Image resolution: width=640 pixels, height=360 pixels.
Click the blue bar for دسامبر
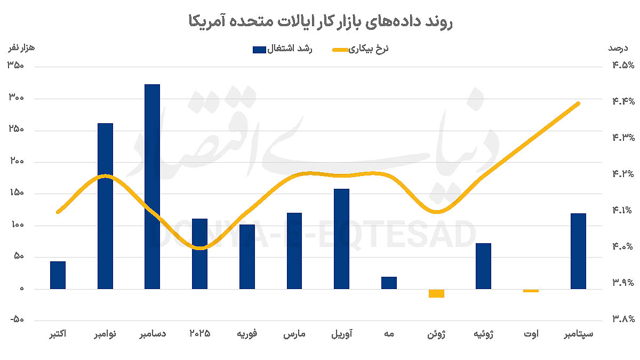click(153, 187)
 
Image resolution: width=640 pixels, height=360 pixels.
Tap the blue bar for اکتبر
click(58, 275)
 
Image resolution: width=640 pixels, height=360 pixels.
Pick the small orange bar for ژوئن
click(436, 293)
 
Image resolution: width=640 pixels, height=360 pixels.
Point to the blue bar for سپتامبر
click(578, 251)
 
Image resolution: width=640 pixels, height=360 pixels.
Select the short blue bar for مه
click(389, 283)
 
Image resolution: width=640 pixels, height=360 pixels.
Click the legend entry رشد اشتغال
click(282, 50)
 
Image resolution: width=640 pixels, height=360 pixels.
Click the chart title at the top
click(320, 22)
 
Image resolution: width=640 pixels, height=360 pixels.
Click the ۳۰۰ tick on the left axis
click(18, 99)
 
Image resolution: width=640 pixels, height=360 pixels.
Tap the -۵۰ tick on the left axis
click(18, 321)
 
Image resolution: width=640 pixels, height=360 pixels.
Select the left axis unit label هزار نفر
click(20, 48)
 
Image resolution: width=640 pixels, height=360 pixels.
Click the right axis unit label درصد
click(618, 48)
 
